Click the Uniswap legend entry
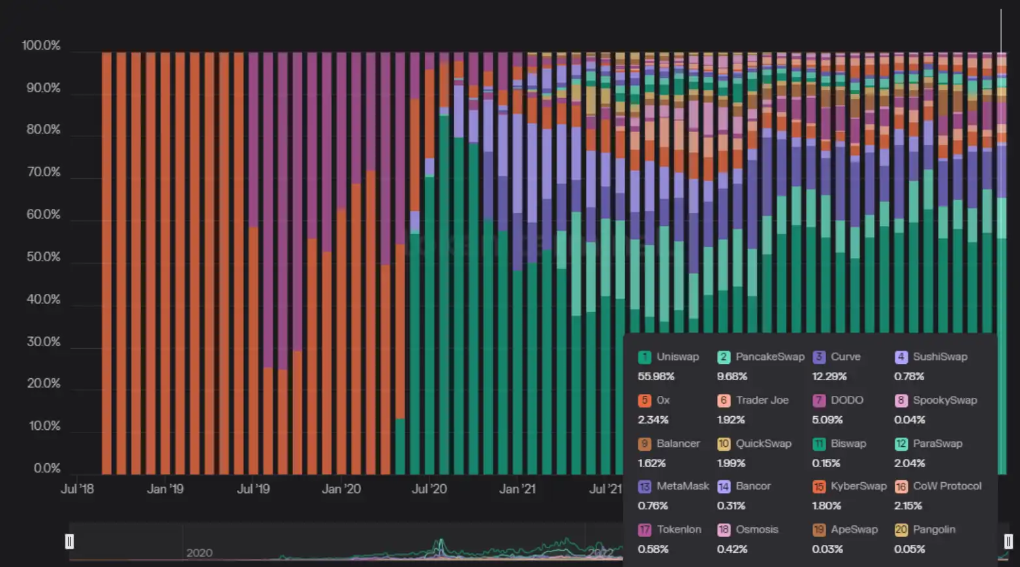pyautogui.click(x=669, y=357)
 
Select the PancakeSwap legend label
pyautogui.click(x=761, y=357)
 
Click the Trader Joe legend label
pyautogui.click(x=753, y=400)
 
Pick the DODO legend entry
pyautogui.click(x=839, y=400)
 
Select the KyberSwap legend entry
pyautogui.click(x=850, y=486)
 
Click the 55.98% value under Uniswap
pyautogui.click(x=656, y=377)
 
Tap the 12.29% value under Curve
pyautogui.click(x=829, y=377)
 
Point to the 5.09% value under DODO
pyautogui.click(x=827, y=420)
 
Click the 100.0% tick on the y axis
pyautogui.click(x=40, y=46)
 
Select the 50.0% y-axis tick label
pyautogui.click(x=43, y=257)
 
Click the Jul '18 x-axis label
pyautogui.click(x=77, y=489)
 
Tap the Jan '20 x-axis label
pyautogui.click(x=341, y=489)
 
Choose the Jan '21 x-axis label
pyautogui.click(x=517, y=489)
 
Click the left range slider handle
pyautogui.click(x=70, y=541)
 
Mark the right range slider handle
pyautogui.click(x=1008, y=541)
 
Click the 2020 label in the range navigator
pyautogui.click(x=199, y=553)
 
